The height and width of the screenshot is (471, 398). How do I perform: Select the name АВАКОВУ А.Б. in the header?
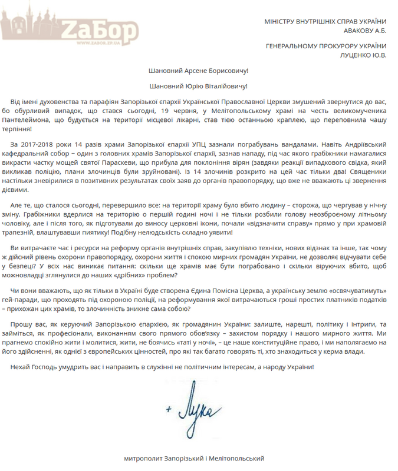[364, 32]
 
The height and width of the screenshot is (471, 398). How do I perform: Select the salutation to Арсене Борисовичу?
[199, 70]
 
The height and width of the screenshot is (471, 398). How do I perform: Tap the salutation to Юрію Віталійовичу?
[199, 86]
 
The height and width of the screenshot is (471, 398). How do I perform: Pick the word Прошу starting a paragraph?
[22, 325]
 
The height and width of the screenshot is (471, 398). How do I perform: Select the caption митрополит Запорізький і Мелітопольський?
[195, 457]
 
